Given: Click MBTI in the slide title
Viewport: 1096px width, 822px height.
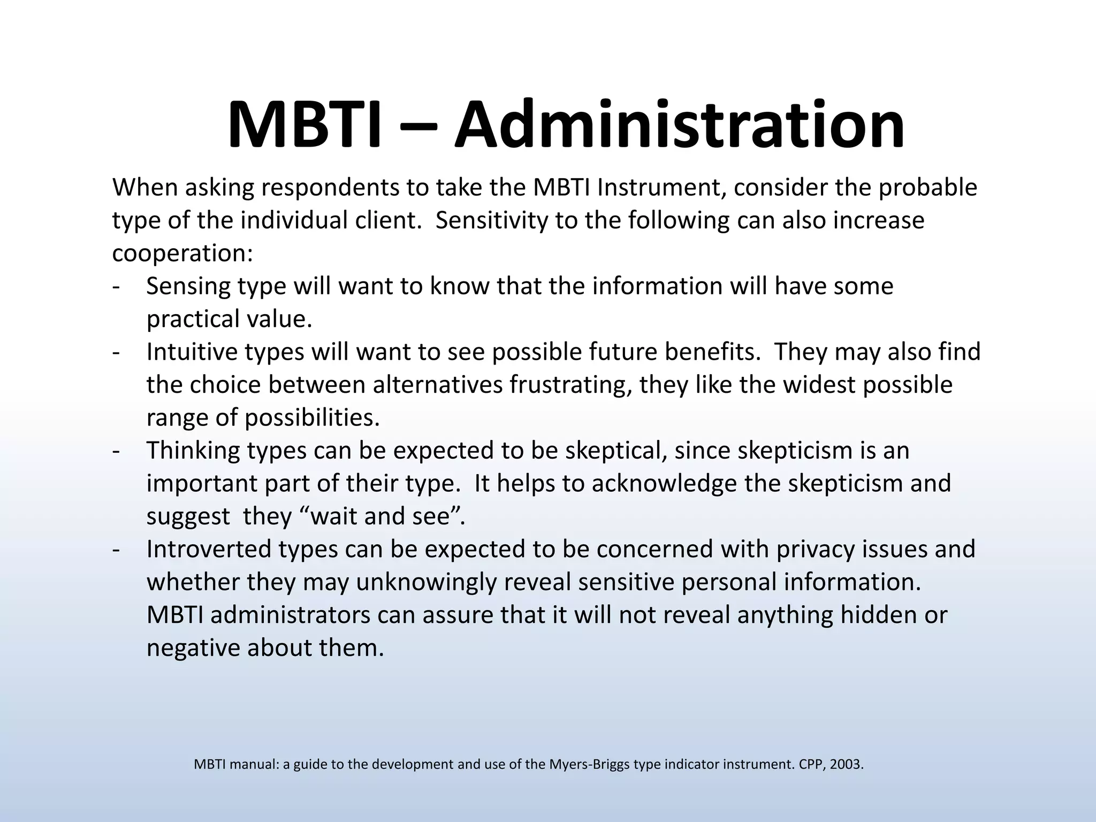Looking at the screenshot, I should (x=305, y=125).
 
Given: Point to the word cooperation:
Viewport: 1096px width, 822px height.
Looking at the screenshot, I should (x=182, y=254).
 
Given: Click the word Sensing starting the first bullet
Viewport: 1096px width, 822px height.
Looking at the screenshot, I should (x=188, y=287).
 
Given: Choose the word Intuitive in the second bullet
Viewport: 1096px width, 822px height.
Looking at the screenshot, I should (x=192, y=352).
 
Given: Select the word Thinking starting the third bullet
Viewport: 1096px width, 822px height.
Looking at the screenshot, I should (x=193, y=451).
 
